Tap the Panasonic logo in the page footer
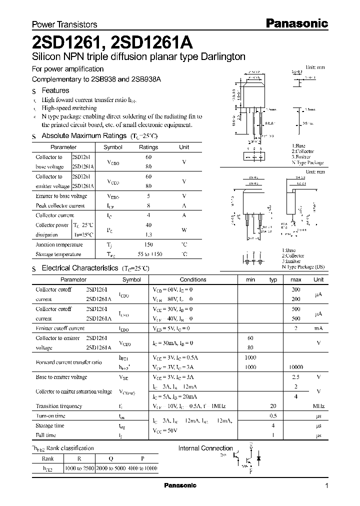tap(180, 485)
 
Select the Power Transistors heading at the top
tap(64, 24)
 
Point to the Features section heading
tap(55, 90)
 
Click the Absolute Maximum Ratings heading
tap(83, 135)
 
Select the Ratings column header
tap(148, 147)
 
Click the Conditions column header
tap(193, 279)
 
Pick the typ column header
tap(273, 279)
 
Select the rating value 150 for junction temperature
tap(148, 244)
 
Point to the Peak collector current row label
tap(60, 205)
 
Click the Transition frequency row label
tap(59, 406)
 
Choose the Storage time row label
tap(50, 425)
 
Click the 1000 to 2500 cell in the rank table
tap(82, 468)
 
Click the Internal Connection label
tap(205, 448)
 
